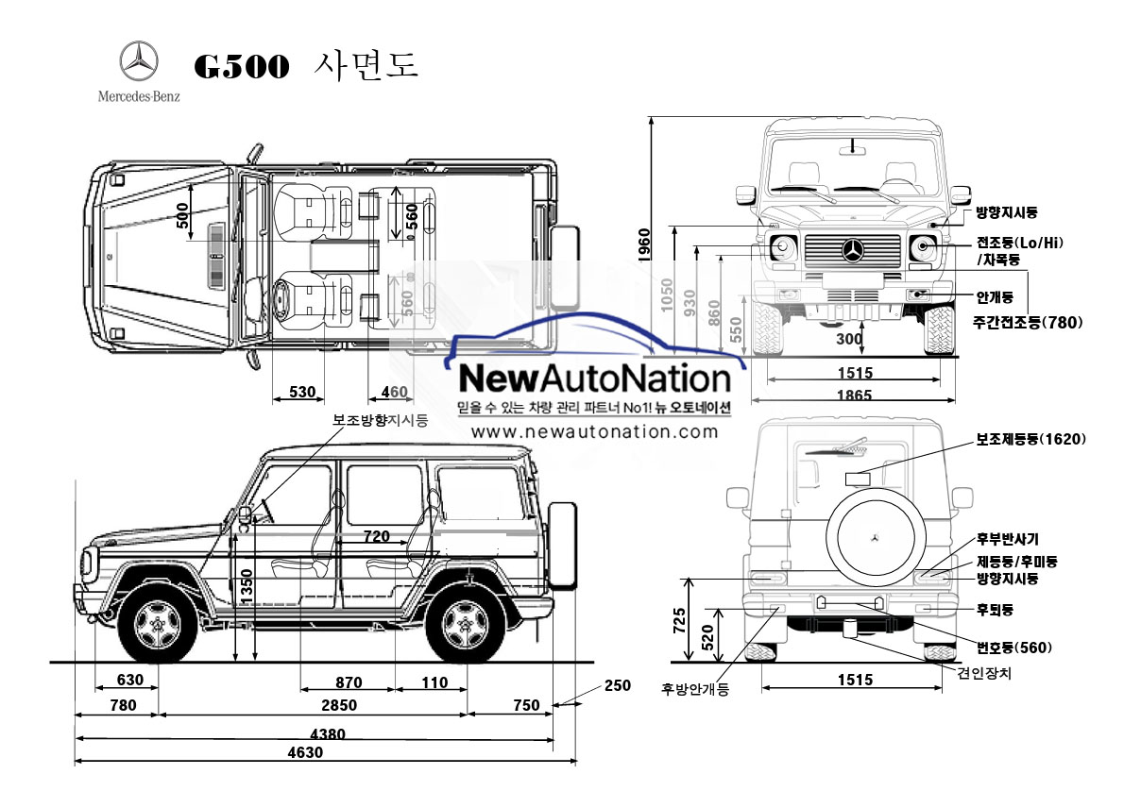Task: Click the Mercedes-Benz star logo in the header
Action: pos(138,62)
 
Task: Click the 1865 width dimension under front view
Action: pos(854,395)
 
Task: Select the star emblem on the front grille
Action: pos(854,250)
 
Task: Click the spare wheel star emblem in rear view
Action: pos(875,537)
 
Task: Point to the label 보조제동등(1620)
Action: pos(1030,439)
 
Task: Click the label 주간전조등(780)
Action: pos(1028,322)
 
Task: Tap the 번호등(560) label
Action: pos(1014,647)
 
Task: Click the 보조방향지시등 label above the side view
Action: pos(380,420)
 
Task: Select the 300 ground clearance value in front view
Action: pos(849,339)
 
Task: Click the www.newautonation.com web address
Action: pos(594,431)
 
